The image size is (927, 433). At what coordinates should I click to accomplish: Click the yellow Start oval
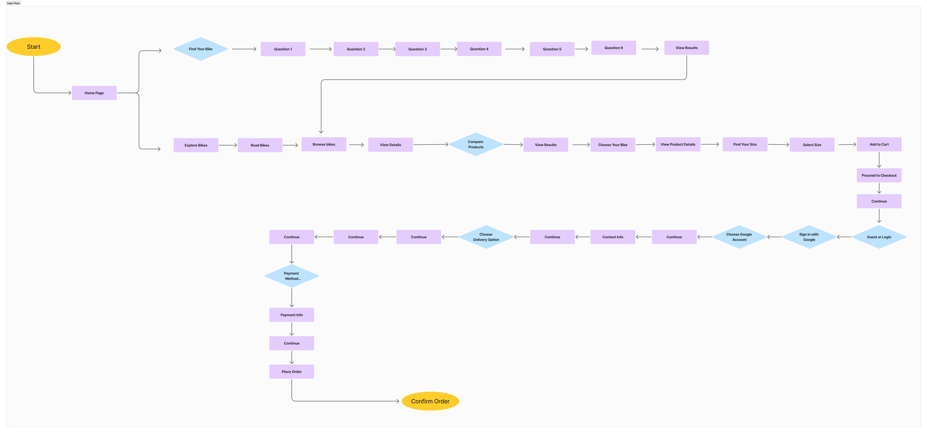tap(33, 47)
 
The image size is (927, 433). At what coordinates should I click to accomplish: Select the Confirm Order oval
tap(430, 401)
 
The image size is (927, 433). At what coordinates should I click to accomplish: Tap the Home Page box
tap(94, 93)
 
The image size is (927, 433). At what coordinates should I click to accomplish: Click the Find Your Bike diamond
tap(201, 49)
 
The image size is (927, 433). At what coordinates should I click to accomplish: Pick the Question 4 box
tap(479, 49)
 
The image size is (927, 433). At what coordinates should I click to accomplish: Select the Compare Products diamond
tap(476, 145)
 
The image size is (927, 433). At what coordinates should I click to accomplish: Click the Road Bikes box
tap(260, 145)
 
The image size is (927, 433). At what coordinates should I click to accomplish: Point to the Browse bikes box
tap(324, 145)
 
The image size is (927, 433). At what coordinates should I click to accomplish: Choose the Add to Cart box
tap(879, 145)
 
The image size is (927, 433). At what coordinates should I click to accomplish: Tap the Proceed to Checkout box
tap(879, 175)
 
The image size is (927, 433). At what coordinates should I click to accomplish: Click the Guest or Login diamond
tap(879, 237)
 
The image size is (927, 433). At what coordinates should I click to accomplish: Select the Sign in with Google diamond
tap(809, 237)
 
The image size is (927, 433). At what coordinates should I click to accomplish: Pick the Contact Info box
tap(613, 237)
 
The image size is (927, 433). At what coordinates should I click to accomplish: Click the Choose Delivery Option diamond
tap(486, 237)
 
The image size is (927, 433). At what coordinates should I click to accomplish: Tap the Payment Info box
tap(291, 315)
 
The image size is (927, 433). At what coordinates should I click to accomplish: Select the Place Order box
tap(291, 371)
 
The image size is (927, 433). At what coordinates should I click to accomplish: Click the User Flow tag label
tap(13, 3)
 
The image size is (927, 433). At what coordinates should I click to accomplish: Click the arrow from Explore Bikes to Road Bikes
tap(228, 145)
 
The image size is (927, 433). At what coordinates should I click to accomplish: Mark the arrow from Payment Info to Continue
tap(292, 329)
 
